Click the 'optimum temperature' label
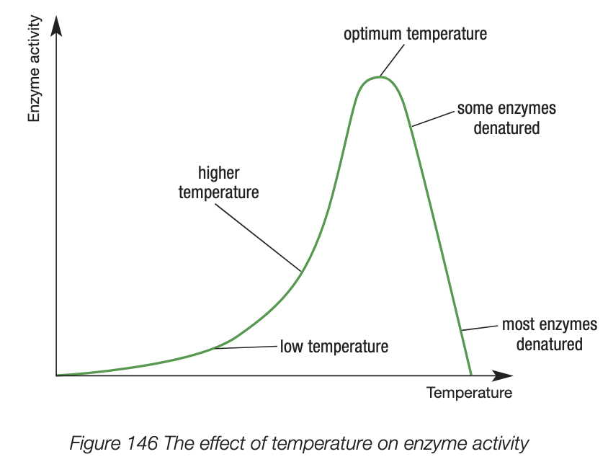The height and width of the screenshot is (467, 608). click(x=415, y=34)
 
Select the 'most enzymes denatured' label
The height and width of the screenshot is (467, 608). click(x=549, y=334)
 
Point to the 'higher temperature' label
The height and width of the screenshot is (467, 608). click(x=218, y=183)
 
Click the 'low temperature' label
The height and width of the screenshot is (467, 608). click(x=334, y=347)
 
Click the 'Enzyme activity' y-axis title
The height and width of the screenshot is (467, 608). click(x=34, y=72)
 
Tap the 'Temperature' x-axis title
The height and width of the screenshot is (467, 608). click(x=469, y=393)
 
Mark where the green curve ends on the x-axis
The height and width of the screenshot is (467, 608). click(x=471, y=375)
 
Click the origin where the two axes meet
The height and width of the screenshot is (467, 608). click(x=56, y=375)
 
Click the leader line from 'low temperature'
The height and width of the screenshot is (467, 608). click(x=246, y=347)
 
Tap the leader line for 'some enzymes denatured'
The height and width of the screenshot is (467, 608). click(x=433, y=119)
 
